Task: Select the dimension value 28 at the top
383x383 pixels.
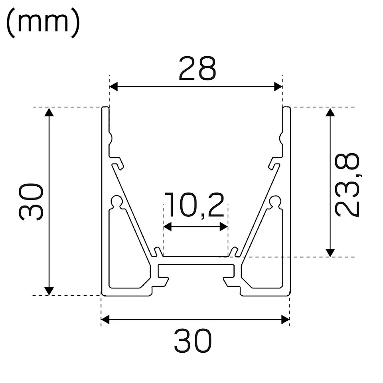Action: coord(197,68)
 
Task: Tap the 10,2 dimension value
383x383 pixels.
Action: coord(194,205)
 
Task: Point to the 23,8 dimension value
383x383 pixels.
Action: coord(347,185)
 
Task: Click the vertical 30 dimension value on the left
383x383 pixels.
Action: coord(31,202)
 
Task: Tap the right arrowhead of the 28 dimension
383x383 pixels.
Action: coord(278,87)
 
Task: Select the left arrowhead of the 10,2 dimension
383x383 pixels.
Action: coord(167,227)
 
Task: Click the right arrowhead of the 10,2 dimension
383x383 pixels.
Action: coord(224,227)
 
